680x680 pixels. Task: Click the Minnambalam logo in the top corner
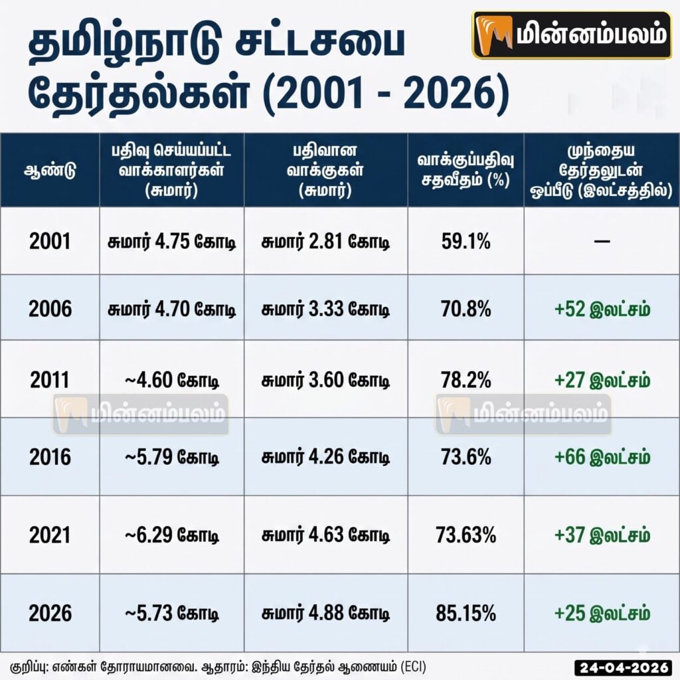tap(571, 35)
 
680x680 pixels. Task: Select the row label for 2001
tap(50, 241)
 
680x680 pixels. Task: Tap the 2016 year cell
tap(50, 457)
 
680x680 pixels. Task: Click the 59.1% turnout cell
tap(466, 241)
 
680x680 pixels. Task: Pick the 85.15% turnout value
tap(466, 613)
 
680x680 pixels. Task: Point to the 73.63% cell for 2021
tap(466, 535)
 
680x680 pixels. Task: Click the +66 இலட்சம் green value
tap(602, 457)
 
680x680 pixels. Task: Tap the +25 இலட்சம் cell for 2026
tap(602, 613)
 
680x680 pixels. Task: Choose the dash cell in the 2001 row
tap(602, 241)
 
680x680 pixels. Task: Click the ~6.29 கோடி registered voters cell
tap(172, 535)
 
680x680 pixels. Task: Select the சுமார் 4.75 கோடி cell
tap(172, 241)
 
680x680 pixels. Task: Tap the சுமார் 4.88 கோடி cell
tap(325, 613)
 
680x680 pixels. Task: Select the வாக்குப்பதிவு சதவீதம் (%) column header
tap(466, 170)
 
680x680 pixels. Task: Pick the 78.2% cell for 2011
tap(466, 380)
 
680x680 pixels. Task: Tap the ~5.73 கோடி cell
tap(172, 613)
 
